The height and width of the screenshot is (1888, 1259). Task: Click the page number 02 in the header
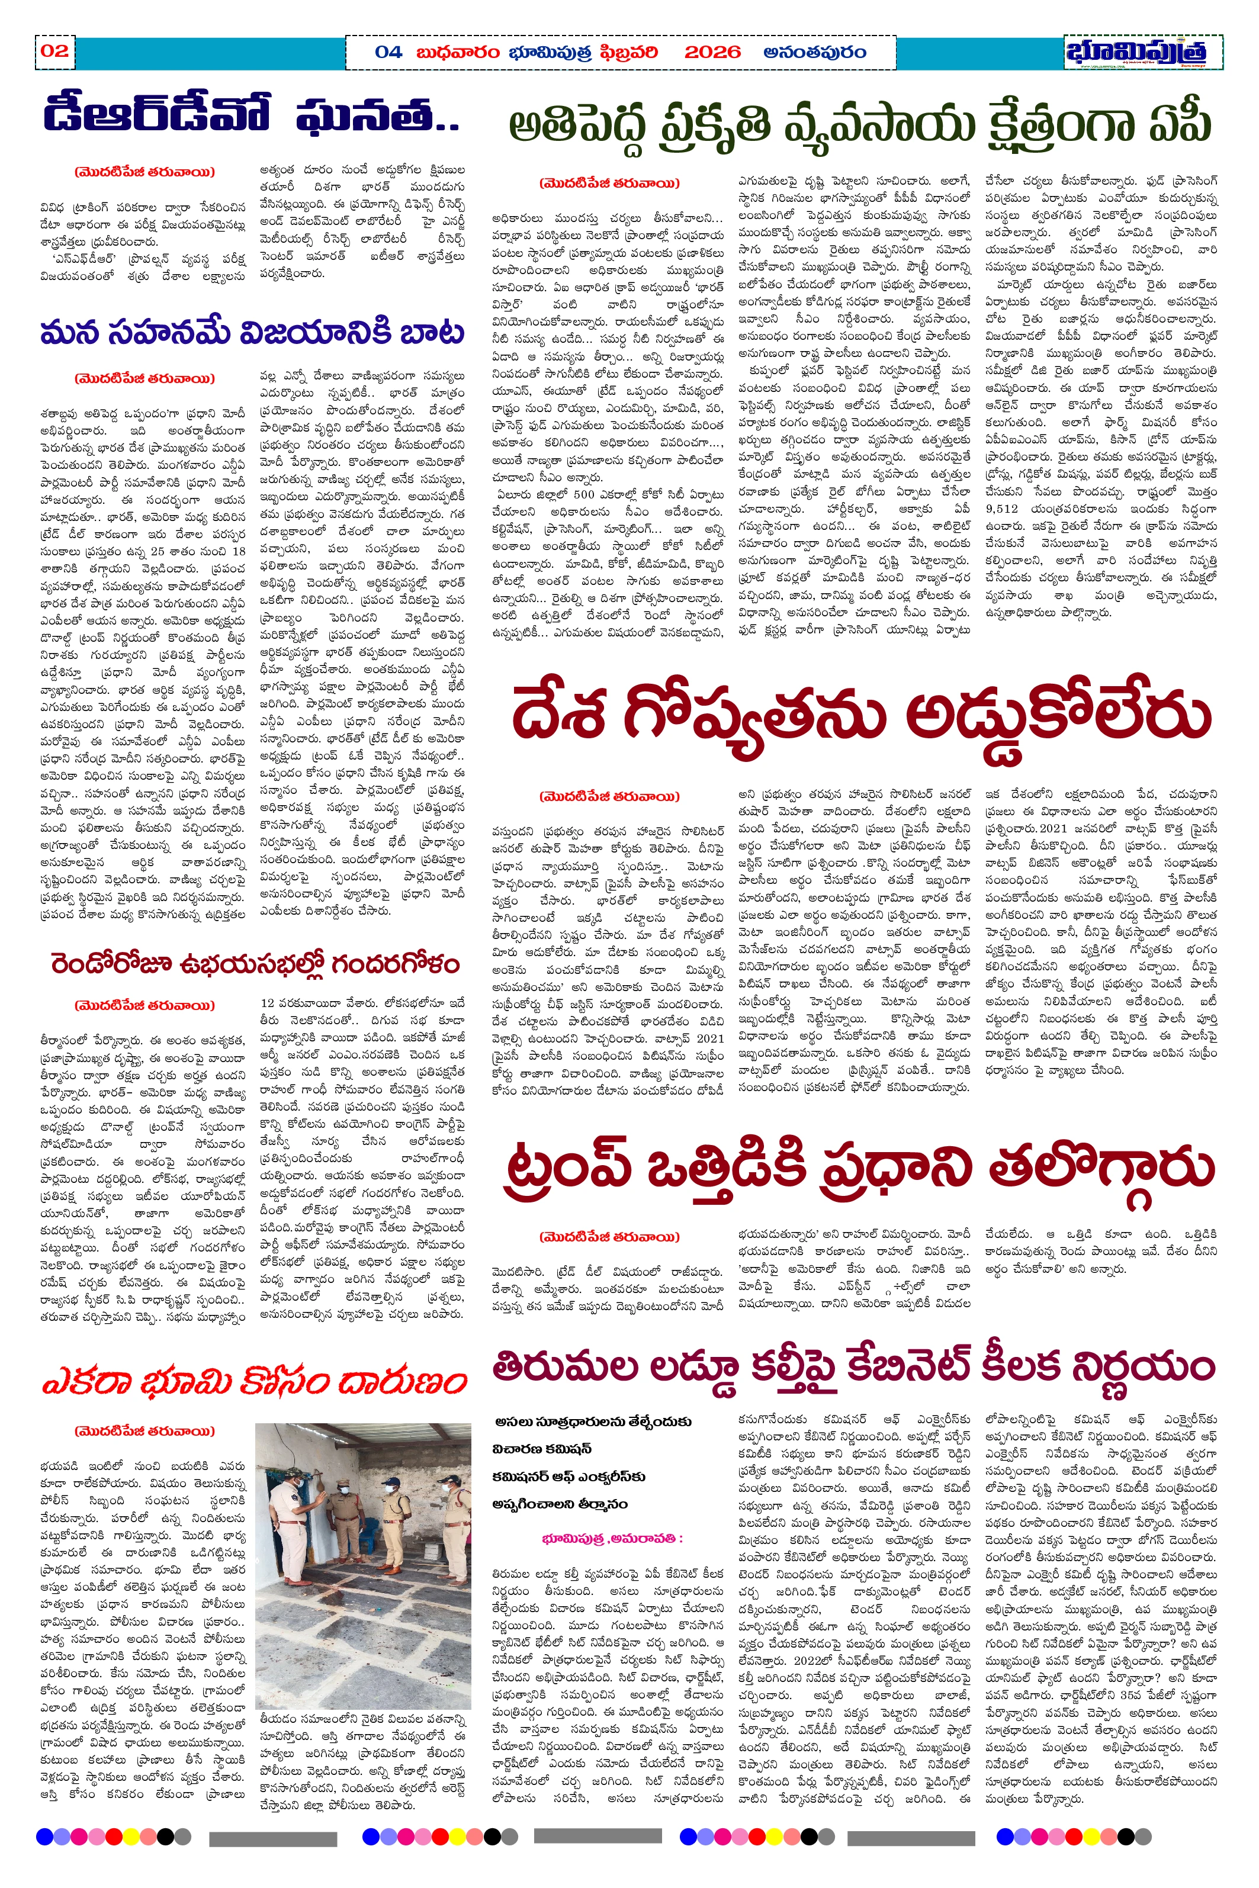coord(54,52)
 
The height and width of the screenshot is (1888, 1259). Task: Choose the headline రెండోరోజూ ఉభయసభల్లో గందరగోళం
coord(255,963)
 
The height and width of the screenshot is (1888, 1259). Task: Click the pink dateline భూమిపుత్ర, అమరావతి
coord(612,1538)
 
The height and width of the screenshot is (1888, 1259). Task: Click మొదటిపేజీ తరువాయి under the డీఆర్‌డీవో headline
coord(144,172)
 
